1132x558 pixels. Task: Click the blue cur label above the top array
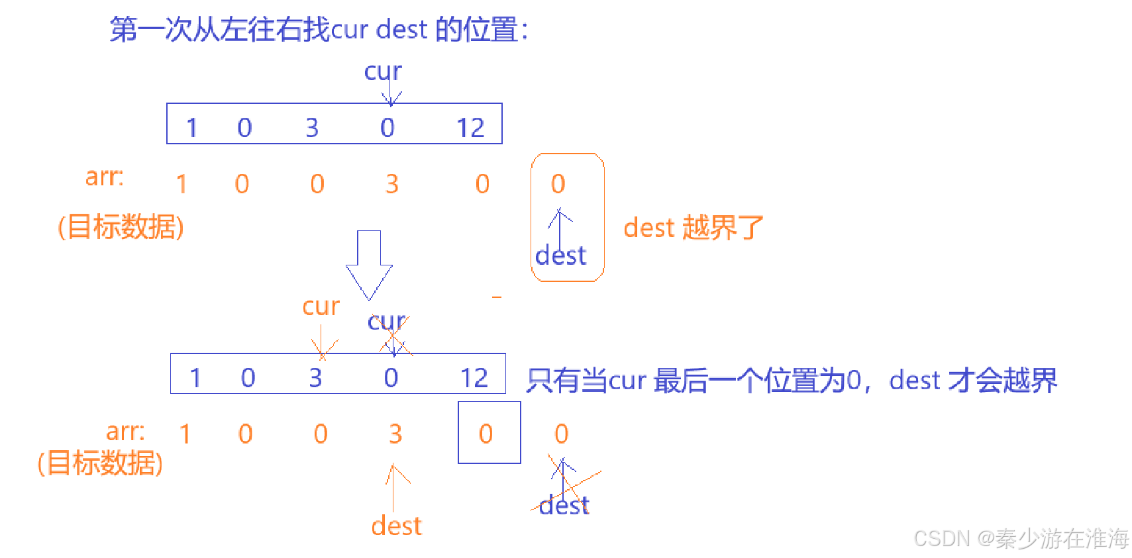coord(383,71)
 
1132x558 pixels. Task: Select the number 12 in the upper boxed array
coord(470,128)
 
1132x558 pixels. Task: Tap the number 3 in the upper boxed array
coord(312,128)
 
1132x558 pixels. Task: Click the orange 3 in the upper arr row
coord(392,184)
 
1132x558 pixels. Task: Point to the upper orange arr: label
coord(105,177)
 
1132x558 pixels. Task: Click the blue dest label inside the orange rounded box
coord(560,256)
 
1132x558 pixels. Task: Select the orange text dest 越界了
coord(694,228)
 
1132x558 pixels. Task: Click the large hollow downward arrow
coord(369,265)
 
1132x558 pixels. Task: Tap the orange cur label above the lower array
coord(321,306)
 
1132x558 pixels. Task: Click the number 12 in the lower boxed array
coord(474,378)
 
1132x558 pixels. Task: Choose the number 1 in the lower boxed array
coord(195,378)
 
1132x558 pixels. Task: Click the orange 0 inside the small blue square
coord(486,434)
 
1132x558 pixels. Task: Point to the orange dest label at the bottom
coord(396,526)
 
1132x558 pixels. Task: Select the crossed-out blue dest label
coord(564,506)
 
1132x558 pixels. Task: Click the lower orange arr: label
coord(125,432)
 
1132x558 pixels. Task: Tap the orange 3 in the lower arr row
coord(395,434)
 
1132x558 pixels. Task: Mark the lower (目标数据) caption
coord(100,463)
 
